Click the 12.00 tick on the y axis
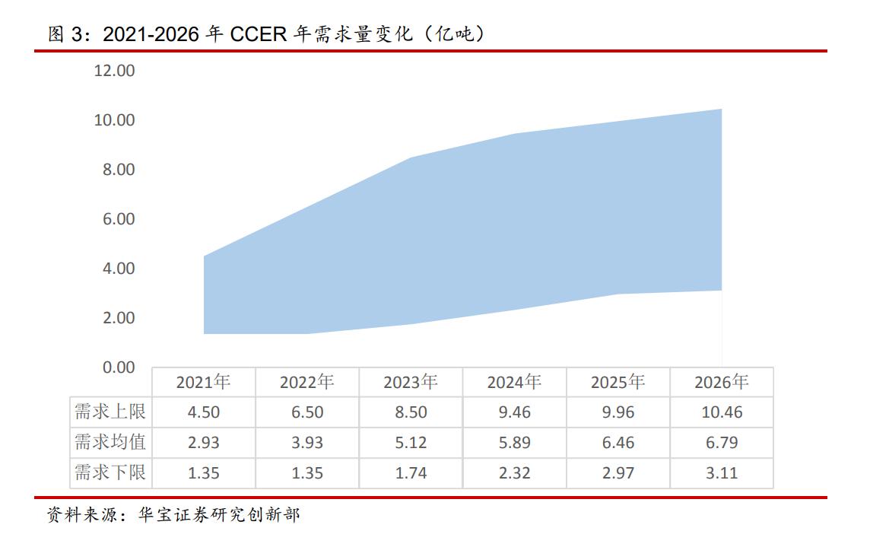coord(114,71)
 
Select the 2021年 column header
coord(203,382)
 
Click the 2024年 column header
coord(514,382)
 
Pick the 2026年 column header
coord(721,382)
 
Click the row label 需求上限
coord(110,412)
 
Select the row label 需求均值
coord(110,442)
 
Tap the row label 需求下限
coord(110,472)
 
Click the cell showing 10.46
coord(721,412)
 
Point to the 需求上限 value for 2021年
coord(203,412)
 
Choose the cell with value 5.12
coord(411,443)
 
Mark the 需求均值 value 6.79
coord(721,443)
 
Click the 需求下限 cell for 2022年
coord(306,473)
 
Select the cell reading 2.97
coord(618,473)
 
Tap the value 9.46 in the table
coord(514,412)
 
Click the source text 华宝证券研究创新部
coord(218,516)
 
